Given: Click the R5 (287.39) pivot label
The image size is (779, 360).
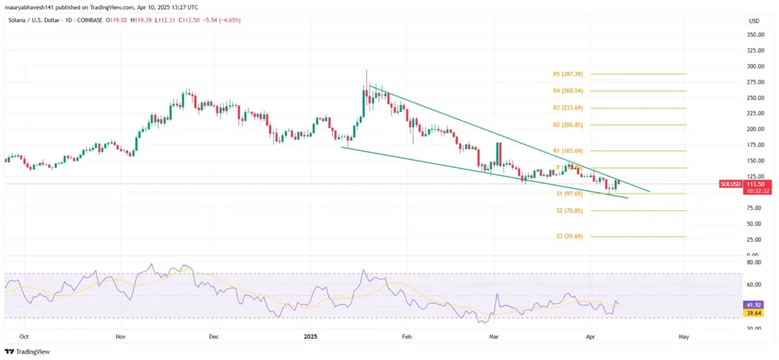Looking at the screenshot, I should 568,74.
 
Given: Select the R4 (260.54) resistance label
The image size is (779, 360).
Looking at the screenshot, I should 568,91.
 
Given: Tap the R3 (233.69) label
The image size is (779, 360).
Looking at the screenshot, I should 568,108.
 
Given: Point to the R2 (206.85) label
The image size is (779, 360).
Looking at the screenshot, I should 568,125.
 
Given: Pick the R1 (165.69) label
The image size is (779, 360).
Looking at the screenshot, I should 568,151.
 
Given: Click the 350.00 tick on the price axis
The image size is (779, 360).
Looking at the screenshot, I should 754,35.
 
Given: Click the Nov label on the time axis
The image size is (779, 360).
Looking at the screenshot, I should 121,337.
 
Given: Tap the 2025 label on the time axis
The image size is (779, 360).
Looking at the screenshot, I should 310,337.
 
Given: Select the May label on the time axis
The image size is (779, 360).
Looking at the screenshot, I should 683,337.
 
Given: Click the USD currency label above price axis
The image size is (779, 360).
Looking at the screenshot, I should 754,21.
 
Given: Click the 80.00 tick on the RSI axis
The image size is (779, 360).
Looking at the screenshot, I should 754,263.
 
